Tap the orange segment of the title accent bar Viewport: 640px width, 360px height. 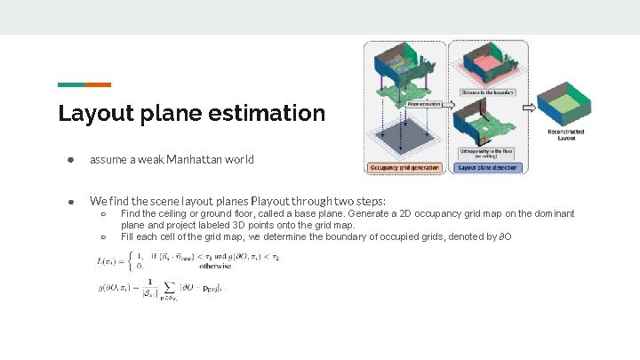click(98, 84)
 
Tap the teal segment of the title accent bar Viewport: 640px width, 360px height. click(71, 84)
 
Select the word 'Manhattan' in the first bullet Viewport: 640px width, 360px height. click(193, 160)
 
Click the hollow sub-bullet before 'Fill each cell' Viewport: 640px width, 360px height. click(104, 237)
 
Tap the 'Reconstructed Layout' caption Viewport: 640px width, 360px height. click(566, 134)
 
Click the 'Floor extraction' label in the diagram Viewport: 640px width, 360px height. click(423, 104)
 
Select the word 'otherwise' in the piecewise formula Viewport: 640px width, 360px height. click(215, 265)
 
